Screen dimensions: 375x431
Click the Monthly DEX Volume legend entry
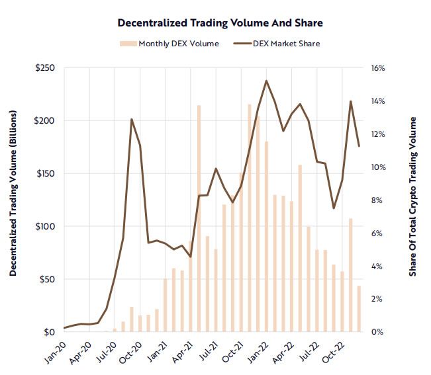[173, 44]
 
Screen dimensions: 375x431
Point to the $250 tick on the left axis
[46, 68]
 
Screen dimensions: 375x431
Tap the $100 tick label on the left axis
[46, 226]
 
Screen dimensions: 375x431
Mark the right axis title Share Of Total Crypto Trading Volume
[413, 197]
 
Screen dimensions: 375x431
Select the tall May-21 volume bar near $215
[199, 218]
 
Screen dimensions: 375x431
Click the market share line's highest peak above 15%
[266, 81]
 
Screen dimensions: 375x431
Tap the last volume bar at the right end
[359, 309]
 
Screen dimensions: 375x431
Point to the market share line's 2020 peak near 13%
[132, 120]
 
